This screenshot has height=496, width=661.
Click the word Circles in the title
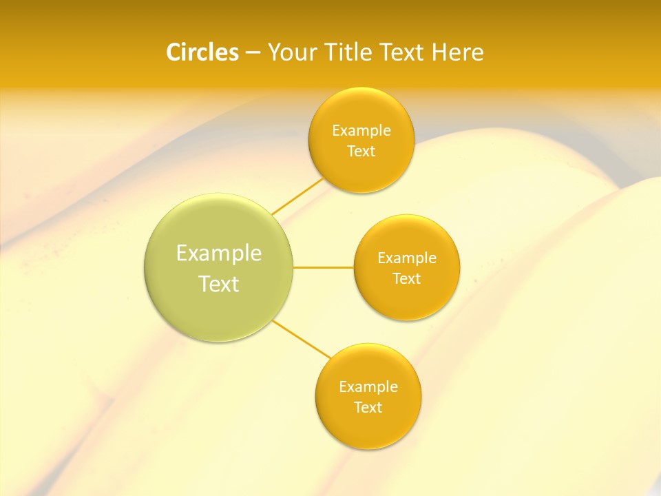tap(202, 52)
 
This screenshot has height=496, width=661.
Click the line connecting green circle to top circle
tap(297, 196)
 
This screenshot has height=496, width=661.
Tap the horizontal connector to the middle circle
tap(324, 267)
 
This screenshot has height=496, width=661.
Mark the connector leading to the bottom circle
tap(302, 338)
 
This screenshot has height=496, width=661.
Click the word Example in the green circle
tap(219, 254)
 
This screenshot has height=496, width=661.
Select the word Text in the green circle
tap(219, 284)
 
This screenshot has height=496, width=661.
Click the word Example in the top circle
tap(361, 130)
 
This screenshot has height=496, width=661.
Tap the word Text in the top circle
tap(361, 151)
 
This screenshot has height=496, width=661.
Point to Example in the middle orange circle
tap(407, 258)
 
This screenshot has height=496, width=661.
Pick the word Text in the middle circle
tap(407, 278)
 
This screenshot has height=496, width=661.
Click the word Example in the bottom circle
tap(368, 386)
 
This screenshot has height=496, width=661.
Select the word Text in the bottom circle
tap(368, 407)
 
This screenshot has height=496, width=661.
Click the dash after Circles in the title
tap(253, 53)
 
